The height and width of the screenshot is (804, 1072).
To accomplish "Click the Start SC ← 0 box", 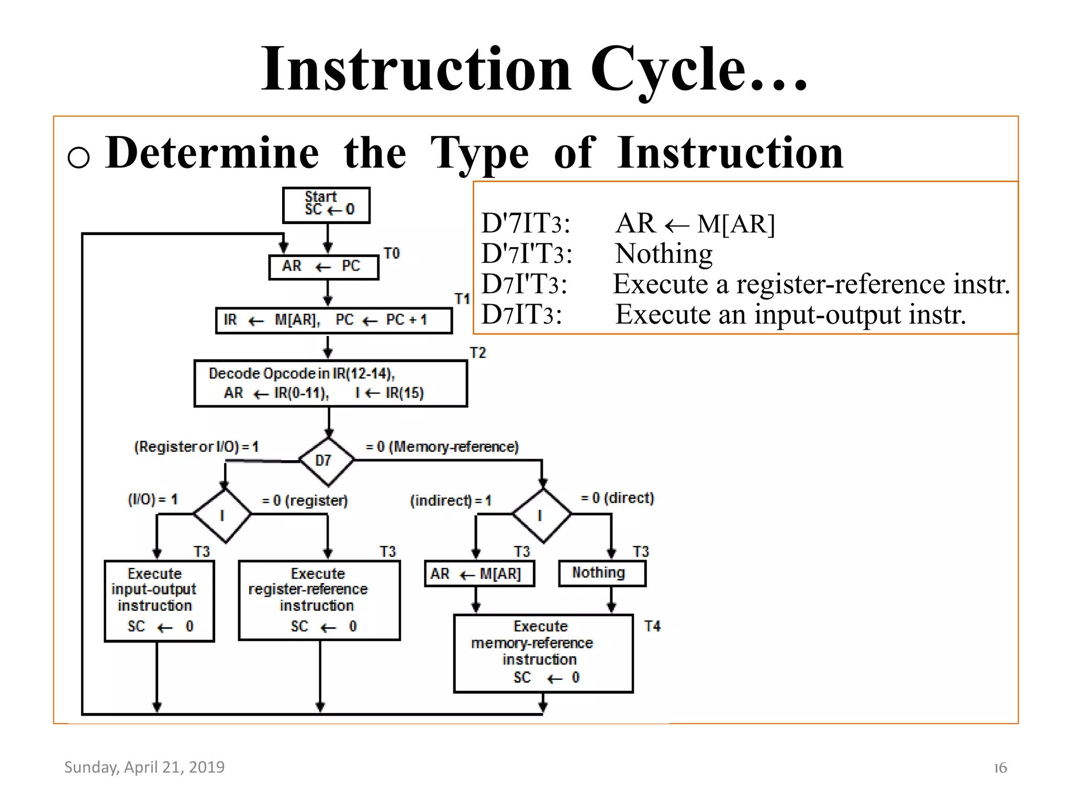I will (326, 205).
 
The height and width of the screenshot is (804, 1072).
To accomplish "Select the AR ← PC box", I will (323, 267).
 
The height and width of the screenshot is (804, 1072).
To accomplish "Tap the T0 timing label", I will (392, 254).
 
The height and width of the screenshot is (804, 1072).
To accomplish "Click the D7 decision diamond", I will (326, 461).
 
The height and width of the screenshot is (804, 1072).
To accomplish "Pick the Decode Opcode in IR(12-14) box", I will (330, 383).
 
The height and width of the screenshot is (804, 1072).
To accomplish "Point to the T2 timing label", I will (477, 353).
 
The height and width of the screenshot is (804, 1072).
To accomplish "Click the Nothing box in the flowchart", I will (601, 573).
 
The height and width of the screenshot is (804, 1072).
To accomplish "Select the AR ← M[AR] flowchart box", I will (479, 574).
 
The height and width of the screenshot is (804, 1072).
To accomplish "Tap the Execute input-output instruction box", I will (159, 601).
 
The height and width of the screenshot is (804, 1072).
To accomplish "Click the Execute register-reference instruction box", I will (319, 600).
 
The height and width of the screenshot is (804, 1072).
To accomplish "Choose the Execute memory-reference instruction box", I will (543, 653).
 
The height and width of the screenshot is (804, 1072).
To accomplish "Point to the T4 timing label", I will (652, 627).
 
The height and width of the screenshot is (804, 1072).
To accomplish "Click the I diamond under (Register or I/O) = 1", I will (222, 516).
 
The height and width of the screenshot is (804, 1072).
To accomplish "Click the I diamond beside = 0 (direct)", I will (541, 516).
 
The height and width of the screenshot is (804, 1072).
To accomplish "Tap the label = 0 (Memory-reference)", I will (442, 447).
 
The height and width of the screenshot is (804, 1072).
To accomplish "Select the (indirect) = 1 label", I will (450, 501).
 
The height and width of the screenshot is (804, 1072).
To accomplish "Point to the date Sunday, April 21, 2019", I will (144, 767).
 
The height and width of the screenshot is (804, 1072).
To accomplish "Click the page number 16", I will (1000, 768).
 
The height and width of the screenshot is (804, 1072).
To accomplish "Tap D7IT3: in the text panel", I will (521, 315).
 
